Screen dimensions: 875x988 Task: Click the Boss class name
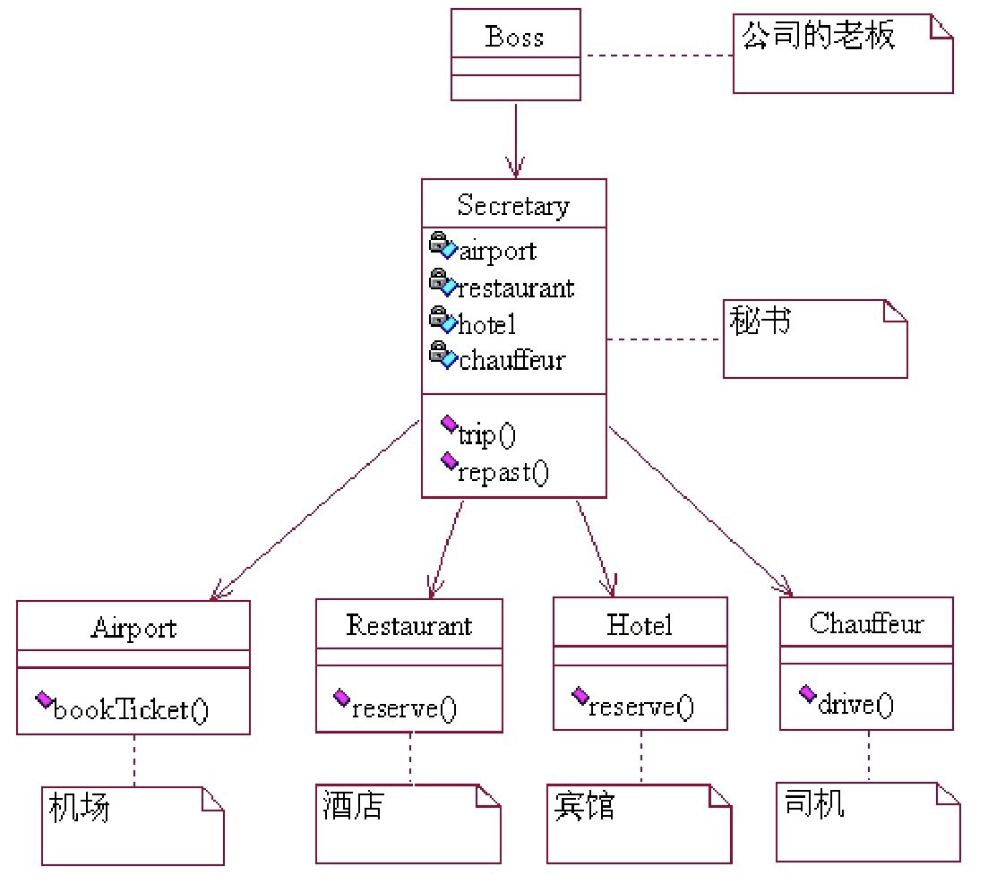click(514, 38)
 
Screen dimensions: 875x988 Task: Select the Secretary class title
click(513, 206)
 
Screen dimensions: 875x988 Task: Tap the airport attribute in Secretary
click(497, 251)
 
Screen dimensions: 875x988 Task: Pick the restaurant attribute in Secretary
click(516, 288)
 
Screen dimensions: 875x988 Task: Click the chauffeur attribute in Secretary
click(511, 360)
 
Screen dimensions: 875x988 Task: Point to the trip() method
click(487, 435)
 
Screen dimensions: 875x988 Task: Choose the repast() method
click(502, 472)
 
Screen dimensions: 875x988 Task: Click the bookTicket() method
click(131, 710)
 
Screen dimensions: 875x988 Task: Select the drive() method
click(855, 704)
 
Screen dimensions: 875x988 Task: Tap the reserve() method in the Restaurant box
click(404, 708)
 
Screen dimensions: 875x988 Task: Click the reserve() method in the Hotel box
click(640, 707)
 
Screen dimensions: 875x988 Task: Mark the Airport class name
click(133, 628)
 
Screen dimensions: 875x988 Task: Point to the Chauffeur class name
click(866, 623)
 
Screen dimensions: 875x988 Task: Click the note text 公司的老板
click(818, 37)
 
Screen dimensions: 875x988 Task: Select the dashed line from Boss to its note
click(657, 56)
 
